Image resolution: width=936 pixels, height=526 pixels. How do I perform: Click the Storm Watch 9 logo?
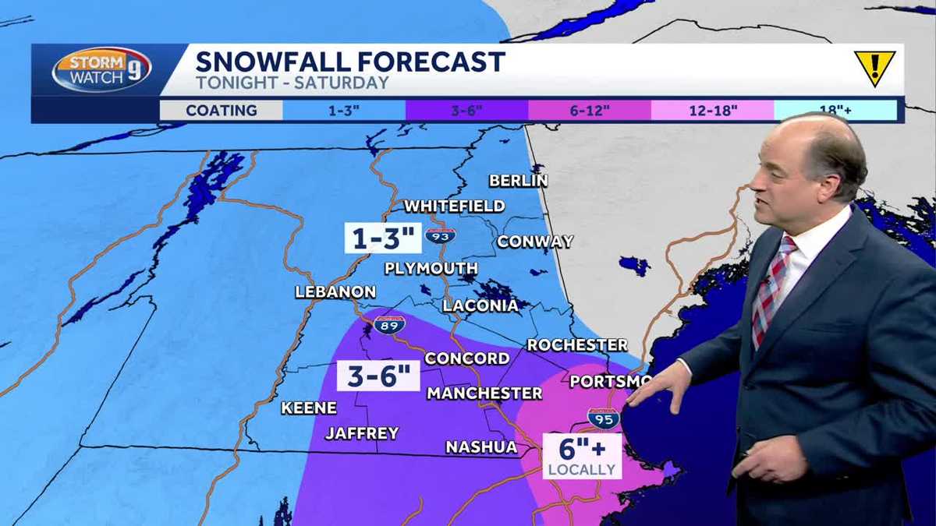click(101, 70)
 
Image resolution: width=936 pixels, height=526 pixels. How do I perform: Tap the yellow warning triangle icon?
click(874, 68)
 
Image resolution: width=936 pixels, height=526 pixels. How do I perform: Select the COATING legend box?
click(221, 110)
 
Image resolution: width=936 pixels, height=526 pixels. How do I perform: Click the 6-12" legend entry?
click(590, 110)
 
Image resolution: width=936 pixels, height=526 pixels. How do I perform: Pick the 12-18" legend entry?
click(712, 110)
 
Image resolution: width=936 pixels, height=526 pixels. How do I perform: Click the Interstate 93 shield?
click(441, 235)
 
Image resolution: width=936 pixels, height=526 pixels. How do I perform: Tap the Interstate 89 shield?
click(389, 326)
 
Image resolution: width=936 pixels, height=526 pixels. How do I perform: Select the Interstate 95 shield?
click(603, 418)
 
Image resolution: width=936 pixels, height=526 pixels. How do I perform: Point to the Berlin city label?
click(518, 181)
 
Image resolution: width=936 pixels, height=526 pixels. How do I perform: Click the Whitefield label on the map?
click(454, 207)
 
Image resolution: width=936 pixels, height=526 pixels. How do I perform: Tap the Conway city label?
click(535, 242)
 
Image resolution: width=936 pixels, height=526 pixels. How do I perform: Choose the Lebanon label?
click(335, 292)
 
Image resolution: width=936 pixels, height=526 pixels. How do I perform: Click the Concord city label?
click(466, 358)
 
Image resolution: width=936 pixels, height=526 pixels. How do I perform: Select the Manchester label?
click(484, 394)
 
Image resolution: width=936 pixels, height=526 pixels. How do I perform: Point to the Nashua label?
click(481, 447)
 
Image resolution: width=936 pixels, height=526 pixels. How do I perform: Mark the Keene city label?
click(309, 408)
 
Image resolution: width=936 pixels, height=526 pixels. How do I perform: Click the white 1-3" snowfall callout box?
click(382, 238)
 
